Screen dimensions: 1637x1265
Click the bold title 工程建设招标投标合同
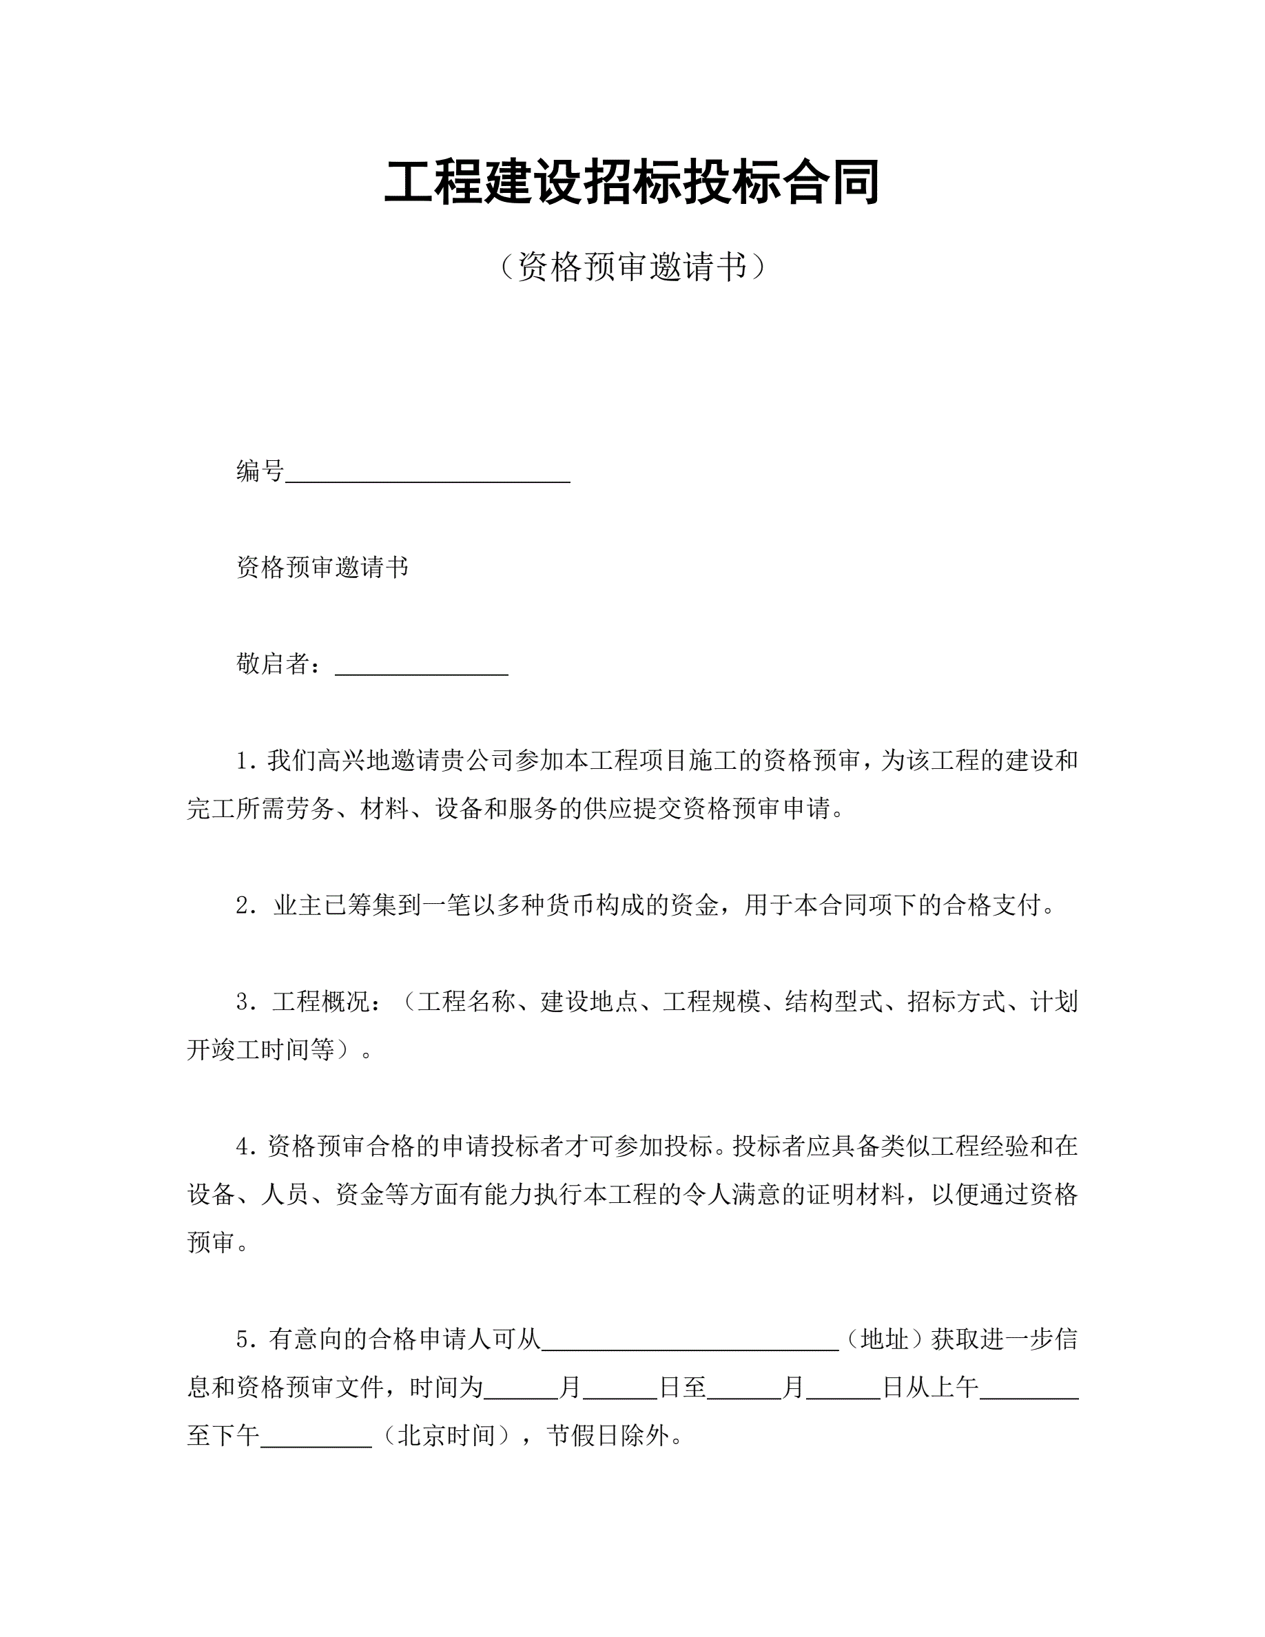pyautogui.click(x=632, y=182)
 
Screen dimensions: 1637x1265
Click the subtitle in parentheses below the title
pyautogui.click(x=632, y=266)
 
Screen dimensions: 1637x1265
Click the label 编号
pyautogui.click(x=260, y=471)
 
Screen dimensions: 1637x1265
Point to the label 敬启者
pyautogui.click(x=273, y=663)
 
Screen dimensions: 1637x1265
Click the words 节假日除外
pyautogui.click(x=608, y=1435)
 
